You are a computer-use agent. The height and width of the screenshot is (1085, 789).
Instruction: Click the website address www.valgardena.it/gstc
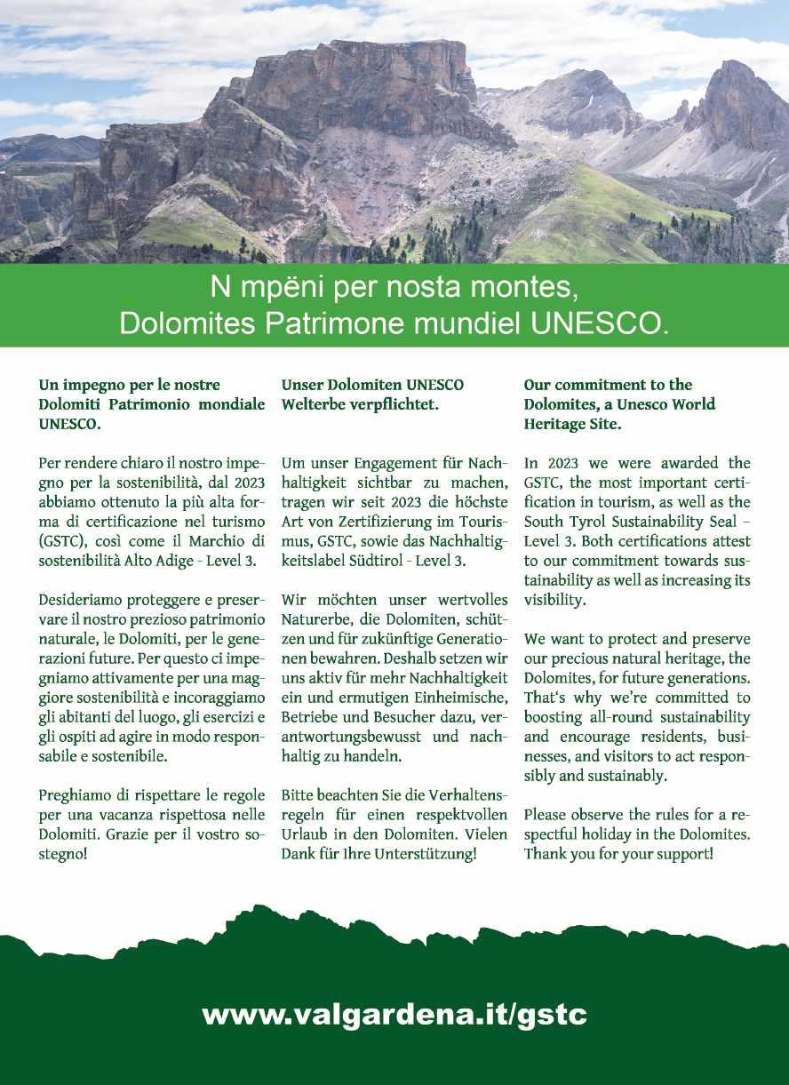point(394,1014)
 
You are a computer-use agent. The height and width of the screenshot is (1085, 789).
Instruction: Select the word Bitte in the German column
point(299,795)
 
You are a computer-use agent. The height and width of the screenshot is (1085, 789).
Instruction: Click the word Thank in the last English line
point(546,854)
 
